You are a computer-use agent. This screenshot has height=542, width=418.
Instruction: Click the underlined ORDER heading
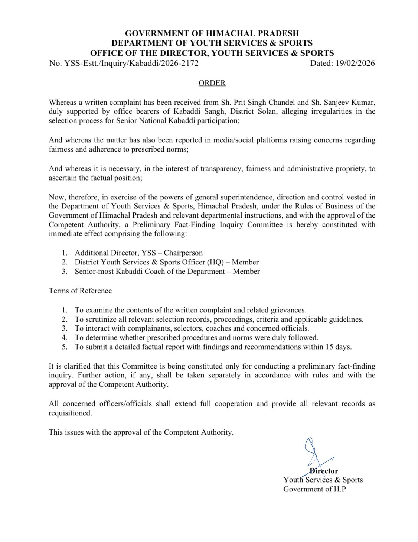(212, 83)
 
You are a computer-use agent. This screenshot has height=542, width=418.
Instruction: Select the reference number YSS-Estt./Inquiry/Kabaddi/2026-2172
(131, 63)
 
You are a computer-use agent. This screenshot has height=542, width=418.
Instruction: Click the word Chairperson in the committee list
(183, 253)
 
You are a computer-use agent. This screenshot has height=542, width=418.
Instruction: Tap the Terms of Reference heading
(80, 291)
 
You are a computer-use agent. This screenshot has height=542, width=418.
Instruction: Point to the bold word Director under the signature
(324, 471)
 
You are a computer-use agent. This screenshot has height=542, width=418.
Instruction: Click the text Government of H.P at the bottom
(314, 489)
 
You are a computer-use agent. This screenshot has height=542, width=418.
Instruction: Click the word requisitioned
(70, 413)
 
